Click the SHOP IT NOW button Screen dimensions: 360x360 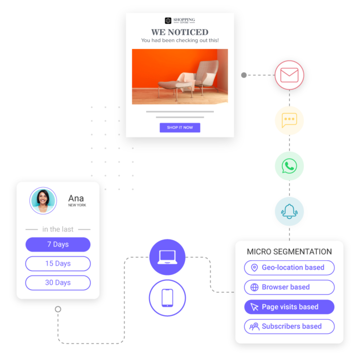179,128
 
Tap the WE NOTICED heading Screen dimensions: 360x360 179,32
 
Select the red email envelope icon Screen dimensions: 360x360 289,76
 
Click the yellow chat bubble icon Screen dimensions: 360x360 289,120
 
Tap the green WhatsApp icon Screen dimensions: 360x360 289,166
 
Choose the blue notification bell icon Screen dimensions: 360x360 289,211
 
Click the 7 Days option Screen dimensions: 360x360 58,244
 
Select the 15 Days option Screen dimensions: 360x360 58,263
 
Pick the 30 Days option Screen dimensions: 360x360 58,282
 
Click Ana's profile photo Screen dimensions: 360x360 43,201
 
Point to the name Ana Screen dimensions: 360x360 76,199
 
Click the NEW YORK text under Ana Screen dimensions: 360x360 77,205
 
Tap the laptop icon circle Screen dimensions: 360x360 167,257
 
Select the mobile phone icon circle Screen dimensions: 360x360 167,298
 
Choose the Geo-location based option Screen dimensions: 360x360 289,267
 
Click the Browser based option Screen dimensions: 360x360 289,287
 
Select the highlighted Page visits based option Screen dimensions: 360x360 289,307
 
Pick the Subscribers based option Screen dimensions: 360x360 289,326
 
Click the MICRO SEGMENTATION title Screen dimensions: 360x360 289,252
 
